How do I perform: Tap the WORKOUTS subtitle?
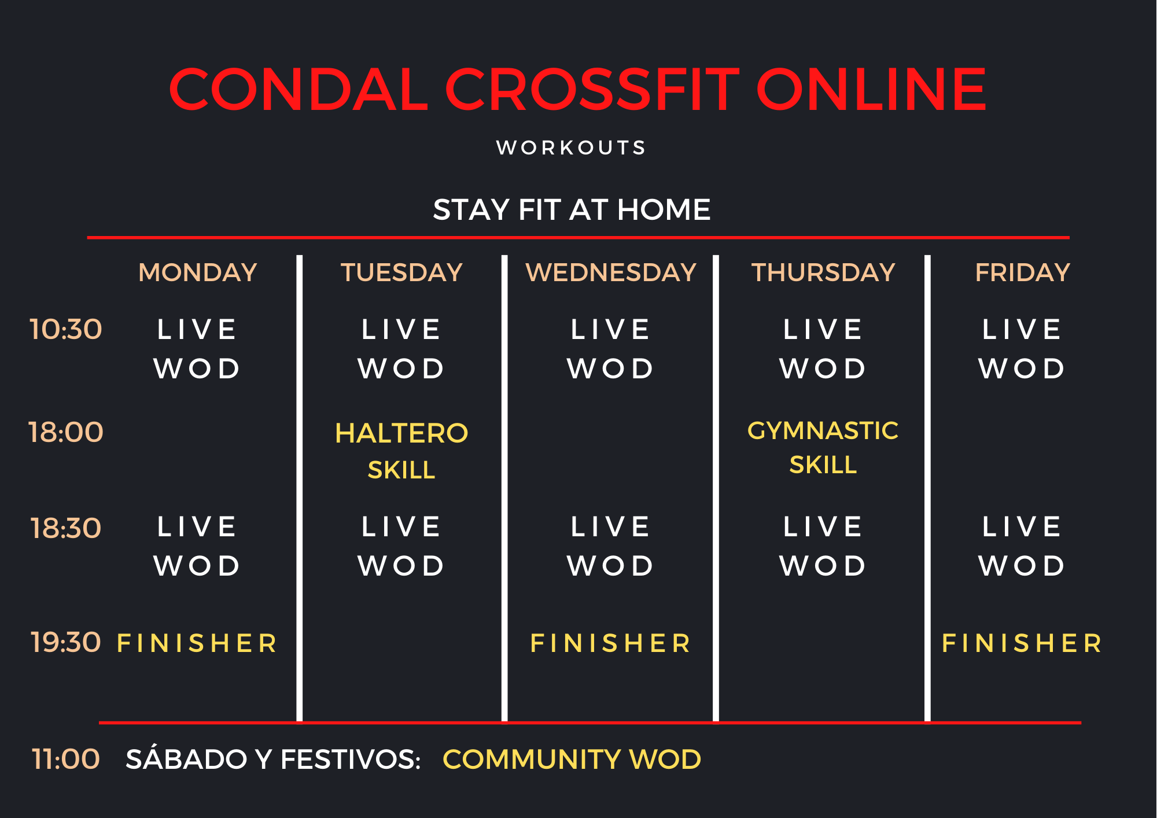click(572, 148)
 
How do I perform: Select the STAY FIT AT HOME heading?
click(572, 209)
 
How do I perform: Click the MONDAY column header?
click(198, 272)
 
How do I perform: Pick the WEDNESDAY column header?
click(611, 272)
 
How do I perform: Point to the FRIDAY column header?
click(1022, 272)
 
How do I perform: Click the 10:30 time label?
click(66, 329)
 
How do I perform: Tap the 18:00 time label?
click(66, 432)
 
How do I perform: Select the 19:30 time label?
click(66, 642)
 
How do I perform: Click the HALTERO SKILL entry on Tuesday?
click(401, 451)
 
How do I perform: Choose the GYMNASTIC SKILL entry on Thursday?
click(823, 447)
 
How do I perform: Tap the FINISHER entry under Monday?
click(198, 643)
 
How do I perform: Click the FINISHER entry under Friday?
click(1022, 643)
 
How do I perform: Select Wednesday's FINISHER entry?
click(611, 643)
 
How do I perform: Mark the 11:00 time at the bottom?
click(66, 759)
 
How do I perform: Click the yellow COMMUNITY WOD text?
click(572, 759)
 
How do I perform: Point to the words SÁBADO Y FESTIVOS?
click(273, 759)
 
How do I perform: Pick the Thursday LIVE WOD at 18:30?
click(823, 546)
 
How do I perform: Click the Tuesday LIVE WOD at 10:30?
click(401, 349)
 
